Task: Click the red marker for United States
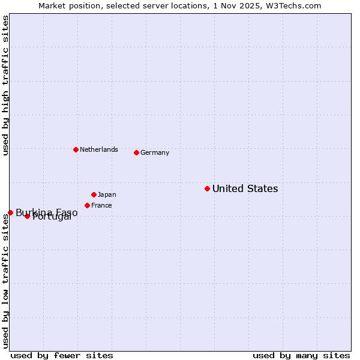pyautogui.click(x=207, y=188)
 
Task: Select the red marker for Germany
pyautogui.click(x=136, y=152)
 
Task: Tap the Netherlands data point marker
pyautogui.click(x=76, y=149)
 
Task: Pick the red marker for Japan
pyautogui.click(x=94, y=194)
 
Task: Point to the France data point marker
pyautogui.click(x=87, y=205)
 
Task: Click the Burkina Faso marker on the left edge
pyautogui.click(x=10, y=212)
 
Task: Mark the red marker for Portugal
pyautogui.click(x=27, y=216)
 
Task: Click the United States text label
pyautogui.click(x=245, y=189)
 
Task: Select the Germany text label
pyautogui.click(x=155, y=153)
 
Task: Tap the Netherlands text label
pyautogui.click(x=98, y=150)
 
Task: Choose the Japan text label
pyautogui.click(x=107, y=195)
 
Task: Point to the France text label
pyautogui.click(x=101, y=206)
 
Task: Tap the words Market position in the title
pyautogui.click(x=67, y=5)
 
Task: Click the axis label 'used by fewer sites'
pyautogui.click(x=62, y=355)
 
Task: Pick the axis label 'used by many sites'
pyautogui.click(x=301, y=355)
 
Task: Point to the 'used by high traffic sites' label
pyautogui.click(x=5, y=86)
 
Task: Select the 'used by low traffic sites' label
pyautogui.click(x=5, y=281)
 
